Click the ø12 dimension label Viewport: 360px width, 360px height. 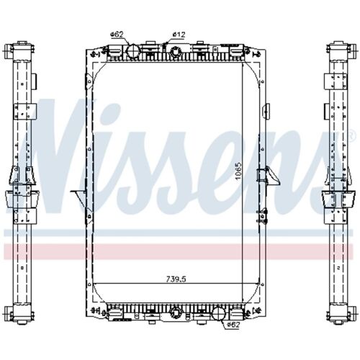180,34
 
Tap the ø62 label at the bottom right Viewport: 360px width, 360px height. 233,325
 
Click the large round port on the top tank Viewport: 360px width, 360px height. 132,50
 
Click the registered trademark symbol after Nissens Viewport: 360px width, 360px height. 351,136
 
